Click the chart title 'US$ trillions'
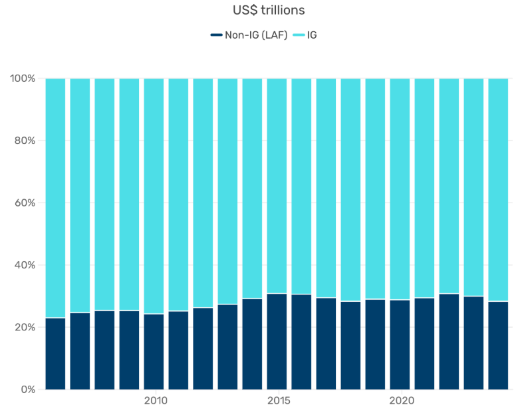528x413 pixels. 265,11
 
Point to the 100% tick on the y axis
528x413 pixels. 23,79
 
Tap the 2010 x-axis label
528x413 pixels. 154,401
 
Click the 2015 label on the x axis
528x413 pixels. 277,401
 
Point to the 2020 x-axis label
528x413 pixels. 400,401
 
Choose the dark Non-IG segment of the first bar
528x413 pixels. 56,354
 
